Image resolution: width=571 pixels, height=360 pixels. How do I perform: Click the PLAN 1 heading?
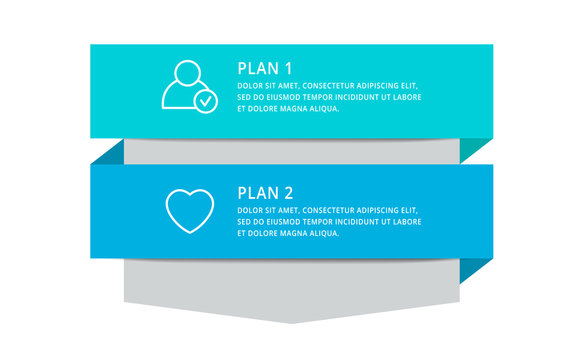coord(264,69)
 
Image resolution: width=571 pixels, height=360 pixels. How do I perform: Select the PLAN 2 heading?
coord(264,192)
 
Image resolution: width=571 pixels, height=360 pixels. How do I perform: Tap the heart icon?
coord(189,211)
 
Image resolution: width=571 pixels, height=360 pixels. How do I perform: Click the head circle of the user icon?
coord(187,74)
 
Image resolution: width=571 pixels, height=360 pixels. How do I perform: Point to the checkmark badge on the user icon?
coord(205,101)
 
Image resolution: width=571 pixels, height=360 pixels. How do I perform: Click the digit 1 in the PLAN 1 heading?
coord(288,69)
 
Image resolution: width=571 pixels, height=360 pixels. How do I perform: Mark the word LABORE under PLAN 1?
coord(407,97)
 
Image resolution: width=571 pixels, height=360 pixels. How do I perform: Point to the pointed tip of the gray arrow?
coord(292,320)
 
